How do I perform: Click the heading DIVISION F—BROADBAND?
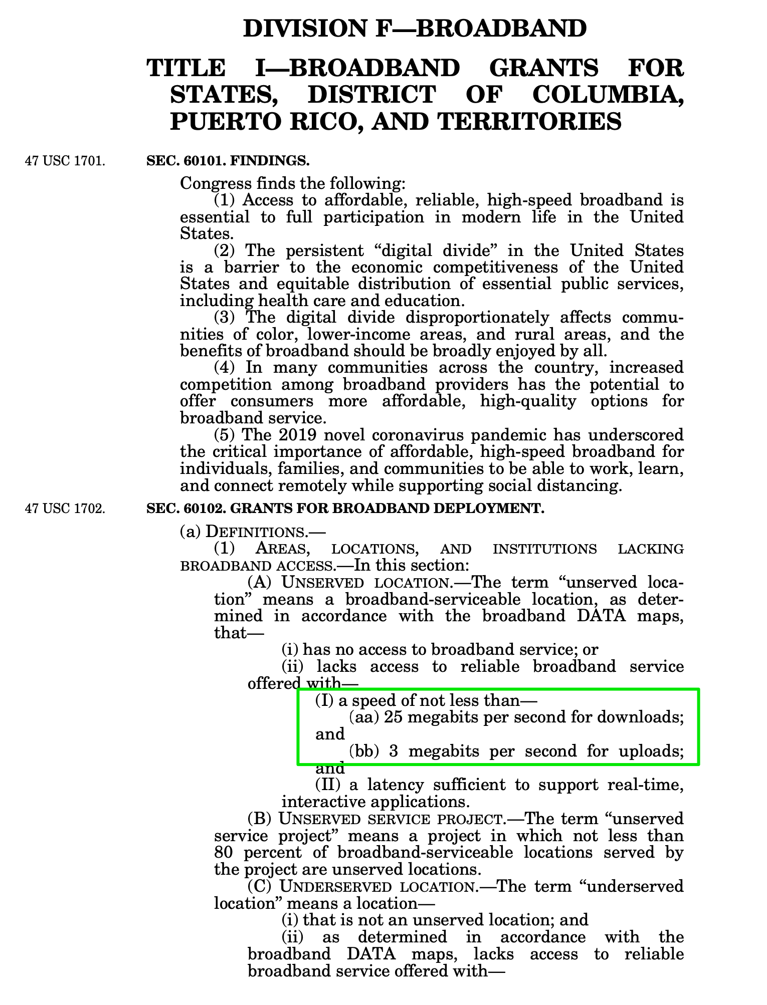[x=415, y=28]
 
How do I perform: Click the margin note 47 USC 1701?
[x=65, y=161]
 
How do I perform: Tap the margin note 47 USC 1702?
[x=65, y=509]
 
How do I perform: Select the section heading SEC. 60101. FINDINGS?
[x=228, y=161]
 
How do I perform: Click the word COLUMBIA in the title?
[x=608, y=94]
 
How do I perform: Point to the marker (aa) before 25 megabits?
[x=363, y=717]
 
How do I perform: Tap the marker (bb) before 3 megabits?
[x=364, y=751]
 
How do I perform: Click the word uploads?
[x=652, y=751]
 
